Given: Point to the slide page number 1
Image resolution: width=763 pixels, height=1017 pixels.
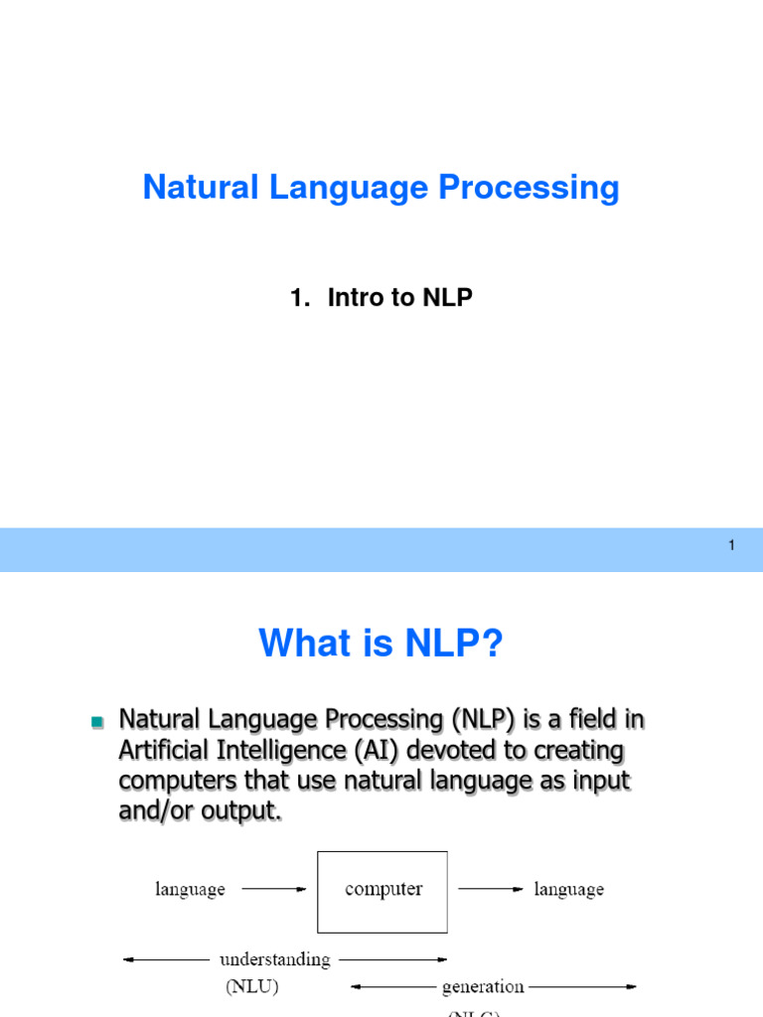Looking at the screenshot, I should point(731,545).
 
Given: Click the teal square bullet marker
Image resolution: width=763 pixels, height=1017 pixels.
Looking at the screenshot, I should point(97,722).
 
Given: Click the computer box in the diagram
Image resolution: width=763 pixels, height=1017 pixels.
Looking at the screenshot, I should point(382,891).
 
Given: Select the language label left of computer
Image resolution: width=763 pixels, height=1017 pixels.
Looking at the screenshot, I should point(190,890).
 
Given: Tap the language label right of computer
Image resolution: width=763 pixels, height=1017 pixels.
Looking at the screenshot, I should point(568,890).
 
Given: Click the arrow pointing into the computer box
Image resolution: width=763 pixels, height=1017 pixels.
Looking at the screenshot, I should point(274,890).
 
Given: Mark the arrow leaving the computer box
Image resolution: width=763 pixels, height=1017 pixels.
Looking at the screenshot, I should point(490,890).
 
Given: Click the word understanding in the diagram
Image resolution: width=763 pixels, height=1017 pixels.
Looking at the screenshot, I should point(274,959).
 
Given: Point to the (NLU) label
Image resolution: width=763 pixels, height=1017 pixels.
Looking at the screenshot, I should point(251,987).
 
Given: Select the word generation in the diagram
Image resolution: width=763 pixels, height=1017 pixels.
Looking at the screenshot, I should point(483,987).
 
